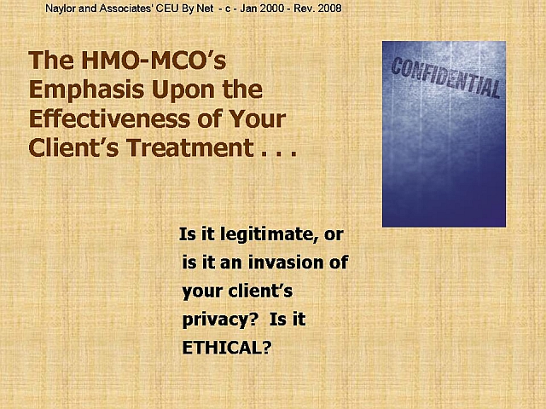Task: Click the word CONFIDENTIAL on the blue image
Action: click(445, 78)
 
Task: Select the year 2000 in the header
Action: click(272, 9)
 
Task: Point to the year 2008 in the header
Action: click(329, 9)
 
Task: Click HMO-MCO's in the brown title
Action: click(154, 60)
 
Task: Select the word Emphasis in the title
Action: click(86, 90)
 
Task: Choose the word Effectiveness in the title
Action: click(109, 119)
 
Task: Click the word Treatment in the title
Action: click(190, 147)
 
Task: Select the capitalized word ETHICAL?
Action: click(227, 347)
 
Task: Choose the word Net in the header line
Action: click(205, 9)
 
